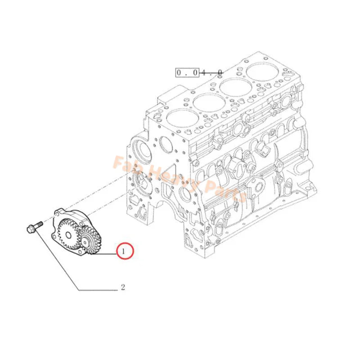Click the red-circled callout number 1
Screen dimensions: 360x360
tap(125, 250)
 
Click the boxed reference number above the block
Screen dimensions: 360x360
tap(198, 72)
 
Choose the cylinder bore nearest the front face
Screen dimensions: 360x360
tap(182, 118)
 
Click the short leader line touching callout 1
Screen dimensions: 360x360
tap(108, 253)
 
